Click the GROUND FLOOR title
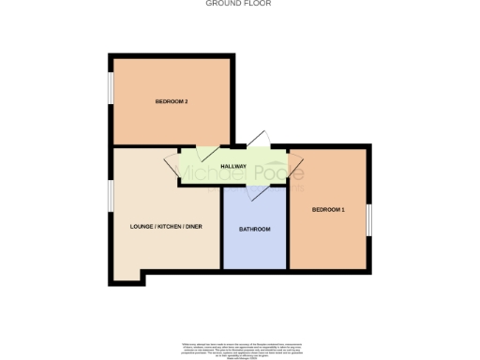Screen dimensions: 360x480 click(x=240, y=4)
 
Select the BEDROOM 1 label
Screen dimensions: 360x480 click(x=328, y=209)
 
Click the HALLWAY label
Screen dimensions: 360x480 click(x=233, y=167)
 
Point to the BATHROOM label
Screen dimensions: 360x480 click(x=254, y=230)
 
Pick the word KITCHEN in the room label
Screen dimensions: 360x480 click(x=170, y=227)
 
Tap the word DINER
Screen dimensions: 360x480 click(x=193, y=227)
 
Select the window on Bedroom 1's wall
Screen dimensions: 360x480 click(x=369, y=219)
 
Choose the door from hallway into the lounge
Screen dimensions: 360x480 click(x=172, y=167)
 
